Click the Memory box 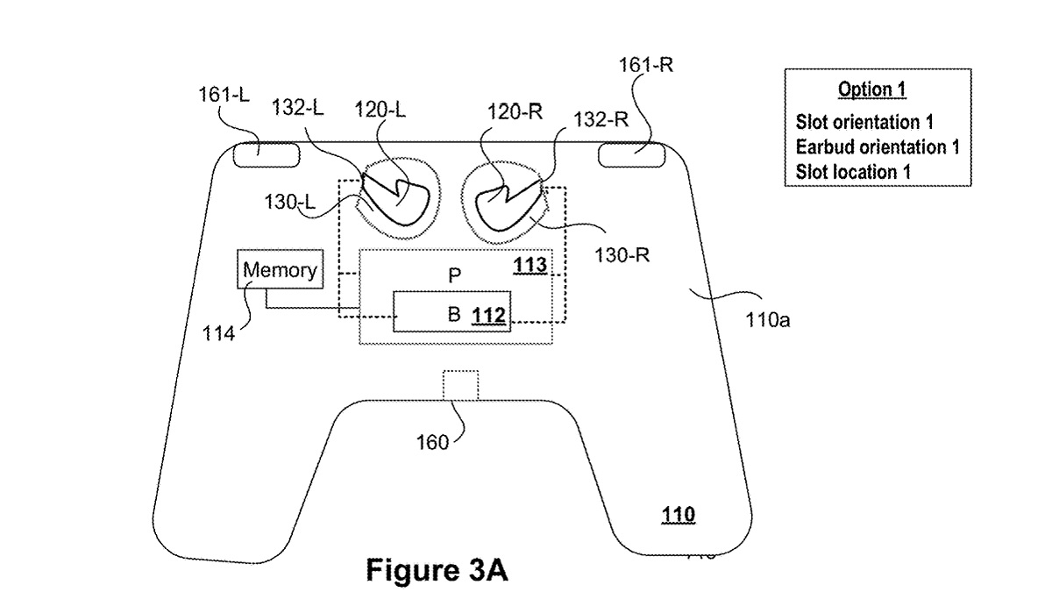280,270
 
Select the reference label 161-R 645,65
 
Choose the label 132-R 600,120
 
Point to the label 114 218,333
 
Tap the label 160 432,442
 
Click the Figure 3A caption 436,570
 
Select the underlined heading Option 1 871,89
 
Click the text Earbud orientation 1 877,146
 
